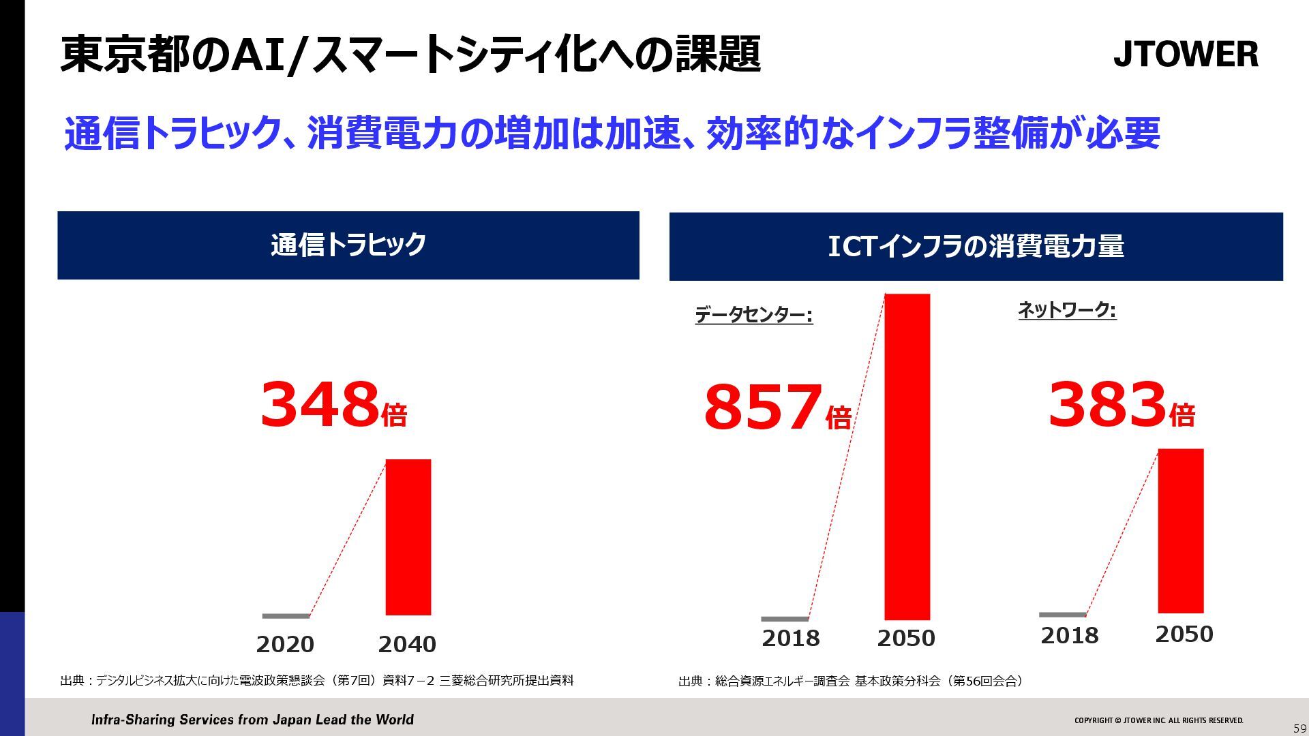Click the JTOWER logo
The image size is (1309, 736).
click(1186, 54)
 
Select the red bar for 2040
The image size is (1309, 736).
click(408, 537)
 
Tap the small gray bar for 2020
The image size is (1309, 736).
click(286, 616)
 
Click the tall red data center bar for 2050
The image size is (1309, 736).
click(907, 457)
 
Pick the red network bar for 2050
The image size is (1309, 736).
click(1180, 531)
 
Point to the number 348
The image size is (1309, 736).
click(319, 405)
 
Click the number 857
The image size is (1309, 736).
click(763, 407)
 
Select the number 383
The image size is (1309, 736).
click(1107, 404)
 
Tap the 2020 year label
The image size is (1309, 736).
click(285, 644)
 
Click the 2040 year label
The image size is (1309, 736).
click(407, 644)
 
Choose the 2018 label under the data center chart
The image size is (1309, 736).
click(791, 639)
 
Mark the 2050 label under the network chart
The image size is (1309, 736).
click(1184, 634)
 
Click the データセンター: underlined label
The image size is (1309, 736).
click(753, 315)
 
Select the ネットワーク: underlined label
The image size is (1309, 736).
click(1067, 311)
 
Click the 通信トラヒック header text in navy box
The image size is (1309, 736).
click(348, 245)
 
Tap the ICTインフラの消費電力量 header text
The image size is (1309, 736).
click(976, 246)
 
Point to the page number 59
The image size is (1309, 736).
click(1299, 729)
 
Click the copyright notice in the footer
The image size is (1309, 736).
click(1158, 720)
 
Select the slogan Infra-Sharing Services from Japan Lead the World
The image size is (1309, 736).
click(252, 720)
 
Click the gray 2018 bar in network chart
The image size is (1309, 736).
click(1062, 615)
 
